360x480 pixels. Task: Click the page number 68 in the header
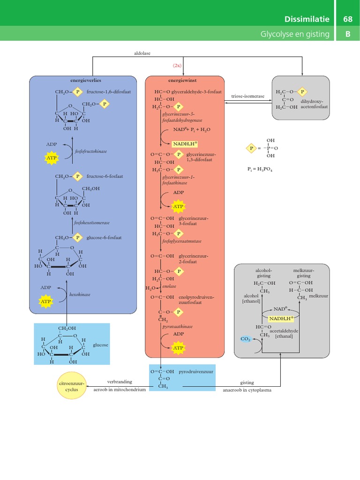click(348, 19)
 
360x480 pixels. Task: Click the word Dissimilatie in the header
click(307, 19)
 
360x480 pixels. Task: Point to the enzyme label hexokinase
click(93, 295)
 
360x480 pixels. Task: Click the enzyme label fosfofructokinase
click(91, 151)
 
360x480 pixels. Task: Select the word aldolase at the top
click(142, 54)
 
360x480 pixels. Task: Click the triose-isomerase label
click(248, 96)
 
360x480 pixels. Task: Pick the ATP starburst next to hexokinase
click(46, 302)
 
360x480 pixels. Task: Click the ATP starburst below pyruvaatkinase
click(179, 348)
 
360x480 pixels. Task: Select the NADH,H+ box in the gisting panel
click(279, 318)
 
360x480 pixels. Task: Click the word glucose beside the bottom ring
click(100, 345)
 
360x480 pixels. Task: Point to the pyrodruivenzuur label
click(195, 371)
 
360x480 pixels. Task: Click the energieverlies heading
click(86, 80)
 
